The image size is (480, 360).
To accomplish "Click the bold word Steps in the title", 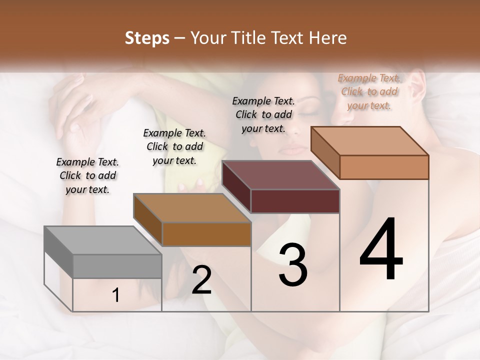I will coord(147,38).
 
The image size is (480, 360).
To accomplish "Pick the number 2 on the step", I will coord(201,280).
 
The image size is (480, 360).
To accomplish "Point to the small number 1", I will coord(116,295).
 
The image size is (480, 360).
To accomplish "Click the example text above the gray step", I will coord(87,175).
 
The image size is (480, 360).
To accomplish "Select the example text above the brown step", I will coord(174,146).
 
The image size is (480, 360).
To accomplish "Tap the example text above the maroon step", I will coord(263,114).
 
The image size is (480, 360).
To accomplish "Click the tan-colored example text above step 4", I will coord(369,91).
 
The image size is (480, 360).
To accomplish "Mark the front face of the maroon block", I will coord(295,201).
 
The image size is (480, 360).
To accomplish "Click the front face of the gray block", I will coord(117,266).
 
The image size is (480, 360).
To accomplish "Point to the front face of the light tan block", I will coord(384,167).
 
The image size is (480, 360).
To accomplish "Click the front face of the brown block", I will coord(206,234).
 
